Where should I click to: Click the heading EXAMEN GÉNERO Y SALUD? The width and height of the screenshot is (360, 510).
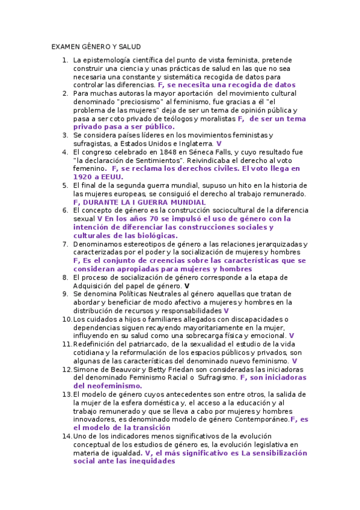pos(96,46)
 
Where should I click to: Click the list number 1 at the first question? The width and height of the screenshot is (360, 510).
pos(64,60)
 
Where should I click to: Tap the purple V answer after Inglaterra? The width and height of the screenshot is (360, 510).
pos(219,144)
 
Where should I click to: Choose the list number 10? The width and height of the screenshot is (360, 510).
pos(66,319)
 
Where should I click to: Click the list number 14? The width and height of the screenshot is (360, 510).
pos(66,436)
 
